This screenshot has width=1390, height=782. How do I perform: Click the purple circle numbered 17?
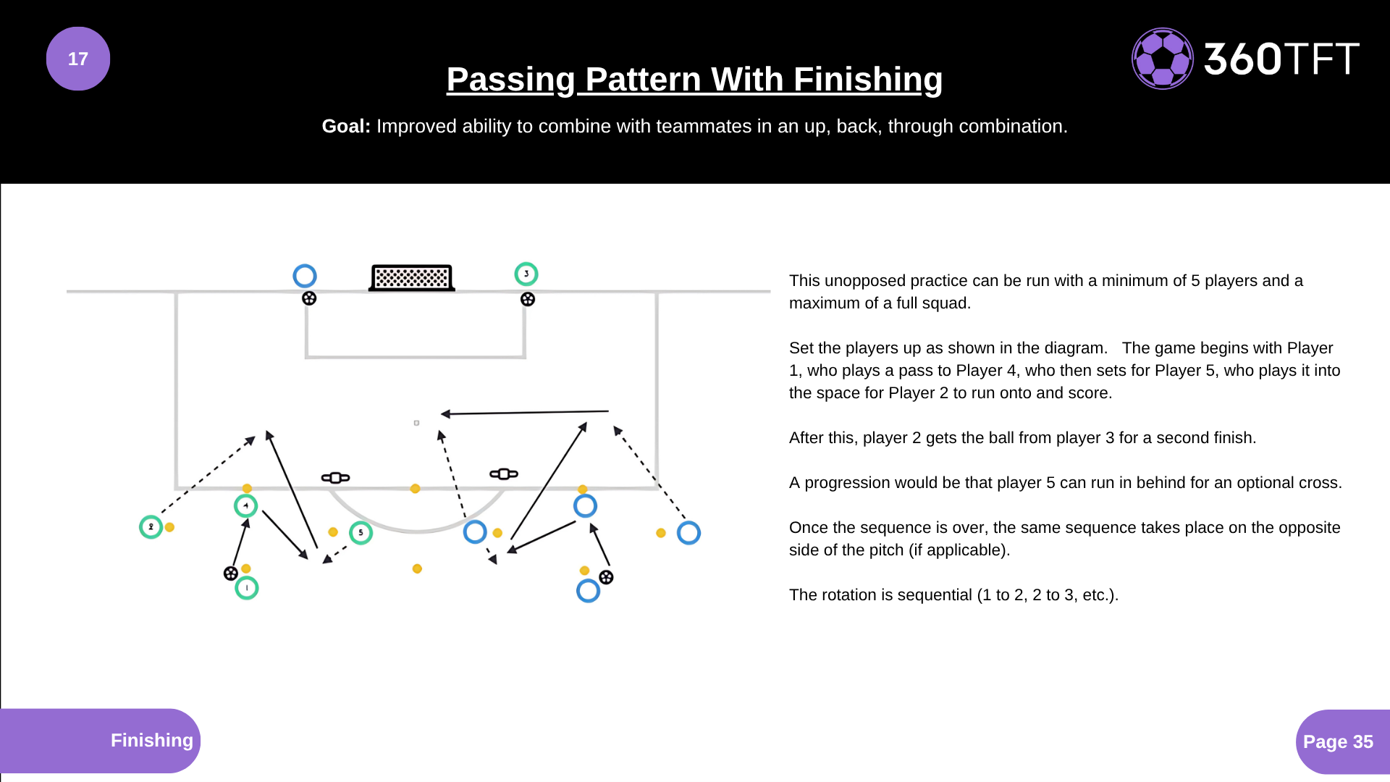click(78, 59)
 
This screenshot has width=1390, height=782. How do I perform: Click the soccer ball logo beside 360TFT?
click(1162, 59)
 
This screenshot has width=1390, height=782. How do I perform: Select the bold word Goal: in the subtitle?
click(346, 126)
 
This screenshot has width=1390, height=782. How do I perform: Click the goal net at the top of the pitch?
click(412, 277)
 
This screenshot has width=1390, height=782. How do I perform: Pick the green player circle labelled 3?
click(526, 274)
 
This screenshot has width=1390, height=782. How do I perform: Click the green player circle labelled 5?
click(361, 533)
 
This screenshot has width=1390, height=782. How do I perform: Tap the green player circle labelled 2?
click(151, 526)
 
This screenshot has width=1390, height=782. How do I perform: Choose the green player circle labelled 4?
click(246, 505)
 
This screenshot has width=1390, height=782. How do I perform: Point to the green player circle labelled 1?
click(247, 588)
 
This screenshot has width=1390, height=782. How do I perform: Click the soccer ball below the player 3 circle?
click(528, 299)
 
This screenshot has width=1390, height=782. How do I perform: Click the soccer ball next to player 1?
click(230, 573)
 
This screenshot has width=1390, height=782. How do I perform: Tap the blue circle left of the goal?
click(305, 276)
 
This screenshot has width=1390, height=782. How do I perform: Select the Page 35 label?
click(1338, 741)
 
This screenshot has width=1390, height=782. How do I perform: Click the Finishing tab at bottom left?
click(151, 740)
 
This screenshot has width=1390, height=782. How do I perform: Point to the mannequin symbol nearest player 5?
click(335, 477)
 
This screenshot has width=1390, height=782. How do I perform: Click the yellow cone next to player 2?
click(169, 527)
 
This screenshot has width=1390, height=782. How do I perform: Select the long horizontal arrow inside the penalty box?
click(525, 413)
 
